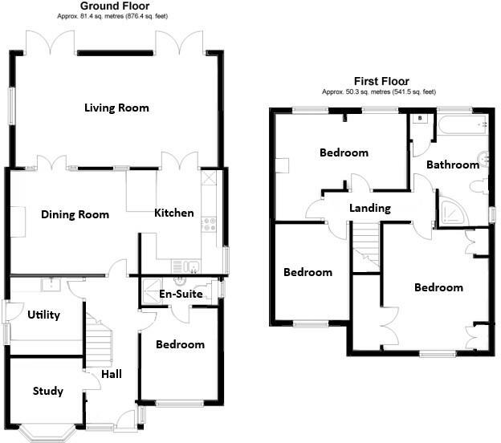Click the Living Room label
point(116,108)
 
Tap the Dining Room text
point(75,214)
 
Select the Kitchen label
point(174,213)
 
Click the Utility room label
point(43,315)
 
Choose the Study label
point(48,392)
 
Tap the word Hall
point(112,375)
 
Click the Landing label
point(369,208)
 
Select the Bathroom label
point(452,165)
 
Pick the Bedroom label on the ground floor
point(180,344)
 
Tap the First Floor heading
point(381,81)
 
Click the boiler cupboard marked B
point(420,118)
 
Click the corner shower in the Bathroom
point(449,211)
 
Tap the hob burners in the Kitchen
point(210,224)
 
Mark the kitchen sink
point(190,266)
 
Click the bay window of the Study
point(47,432)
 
